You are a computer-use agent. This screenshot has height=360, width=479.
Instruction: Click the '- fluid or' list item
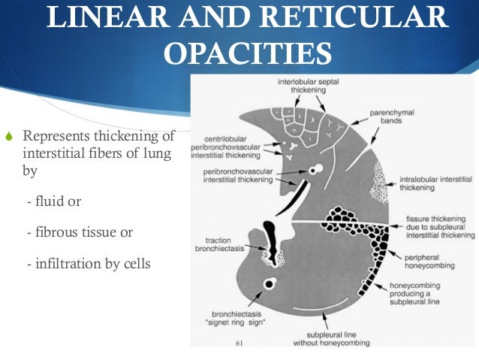click(53, 202)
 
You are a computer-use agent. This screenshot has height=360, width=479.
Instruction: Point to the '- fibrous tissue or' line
click(79, 232)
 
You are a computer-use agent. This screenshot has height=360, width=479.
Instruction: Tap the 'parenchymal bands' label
click(392, 118)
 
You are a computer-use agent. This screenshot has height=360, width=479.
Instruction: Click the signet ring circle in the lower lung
click(268, 283)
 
